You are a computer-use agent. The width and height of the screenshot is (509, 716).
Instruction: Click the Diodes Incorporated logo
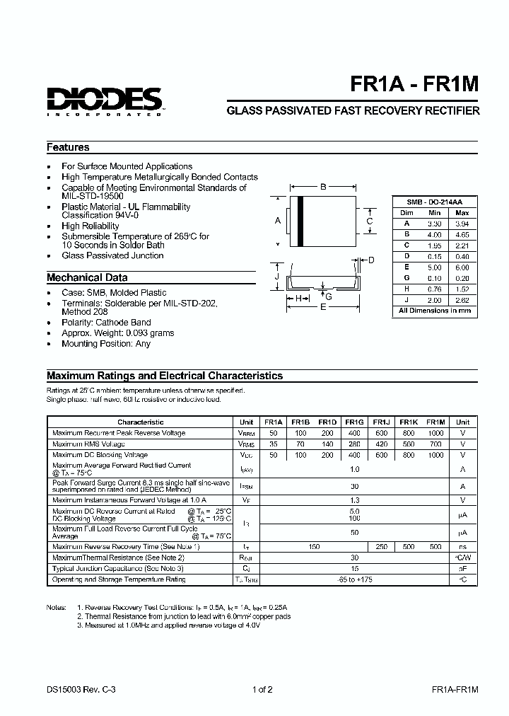pyautogui.click(x=105, y=100)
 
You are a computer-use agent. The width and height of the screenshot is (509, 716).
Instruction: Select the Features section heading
pyautogui.click(x=68, y=147)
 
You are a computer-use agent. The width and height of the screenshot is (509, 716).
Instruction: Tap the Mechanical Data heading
pyautogui.click(x=87, y=277)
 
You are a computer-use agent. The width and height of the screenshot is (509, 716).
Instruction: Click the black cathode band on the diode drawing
pyautogui.click(x=300, y=221)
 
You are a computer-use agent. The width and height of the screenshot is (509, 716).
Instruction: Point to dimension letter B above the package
pyautogui.click(x=323, y=187)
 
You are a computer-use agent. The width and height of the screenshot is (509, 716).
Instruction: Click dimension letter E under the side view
pyautogui.click(x=323, y=307)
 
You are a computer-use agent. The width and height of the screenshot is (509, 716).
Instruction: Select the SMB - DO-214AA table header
pyautogui.click(x=433, y=202)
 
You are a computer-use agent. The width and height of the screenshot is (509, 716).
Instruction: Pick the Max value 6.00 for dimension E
pyautogui.click(x=462, y=267)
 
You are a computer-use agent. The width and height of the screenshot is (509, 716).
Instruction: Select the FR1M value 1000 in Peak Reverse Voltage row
pyautogui.click(x=435, y=433)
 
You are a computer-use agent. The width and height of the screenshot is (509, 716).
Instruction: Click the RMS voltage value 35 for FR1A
pyautogui.click(x=274, y=444)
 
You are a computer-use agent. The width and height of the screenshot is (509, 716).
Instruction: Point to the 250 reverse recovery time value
pyautogui.click(x=381, y=546)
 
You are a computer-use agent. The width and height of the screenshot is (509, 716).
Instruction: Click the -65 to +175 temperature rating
pyautogui.click(x=355, y=579)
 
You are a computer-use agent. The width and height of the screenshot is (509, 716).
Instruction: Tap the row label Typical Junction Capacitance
pyautogui.click(x=118, y=568)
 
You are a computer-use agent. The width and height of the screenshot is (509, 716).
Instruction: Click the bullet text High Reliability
pyautogui.click(x=90, y=226)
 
